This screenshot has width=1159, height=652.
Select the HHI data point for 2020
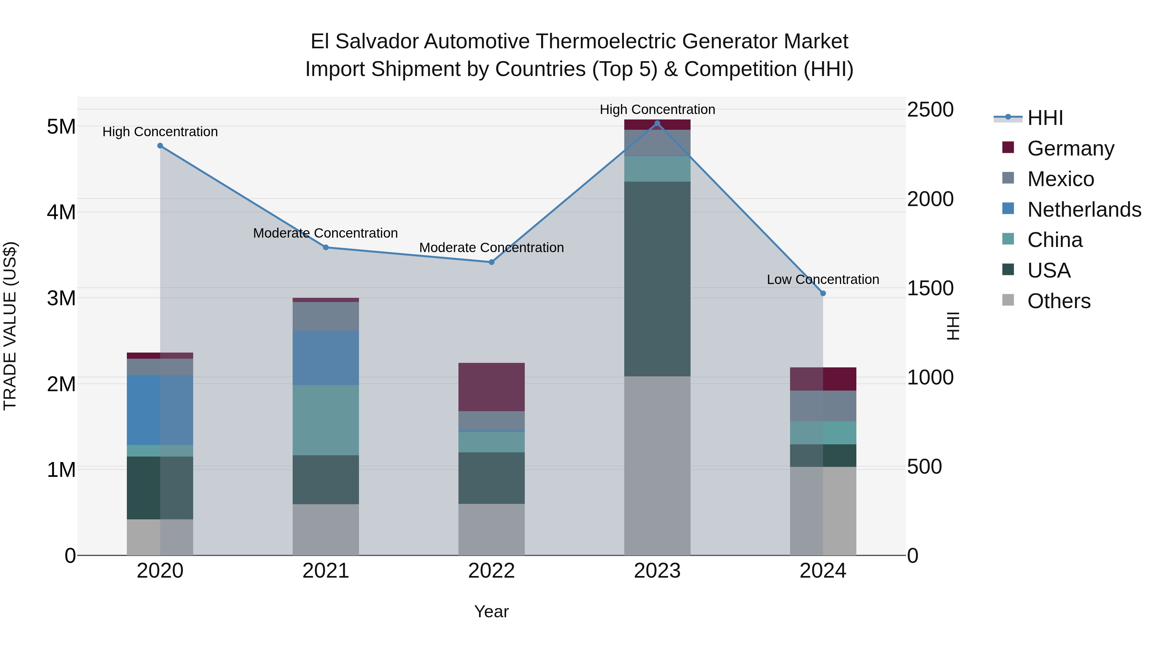(x=160, y=146)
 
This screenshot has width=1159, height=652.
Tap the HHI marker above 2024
(x=823, y=293)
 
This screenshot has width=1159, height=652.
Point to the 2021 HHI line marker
(x=326, y=248)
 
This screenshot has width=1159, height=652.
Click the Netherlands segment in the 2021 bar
(x=326, y=358)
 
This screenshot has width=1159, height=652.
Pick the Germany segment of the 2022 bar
(x=491, y=387)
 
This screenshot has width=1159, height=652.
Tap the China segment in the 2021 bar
(x=326, y=420)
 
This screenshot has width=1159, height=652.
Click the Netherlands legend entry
(x=1083, y=210)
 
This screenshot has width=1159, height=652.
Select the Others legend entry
(x=1058, y=301)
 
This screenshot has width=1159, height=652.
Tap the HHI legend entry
(x=1045, y=118)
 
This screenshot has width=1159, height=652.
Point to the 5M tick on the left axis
(x=61, y=127)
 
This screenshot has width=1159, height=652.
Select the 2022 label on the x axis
(x=491, y=571)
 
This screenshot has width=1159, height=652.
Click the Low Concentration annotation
(x=823, y=279)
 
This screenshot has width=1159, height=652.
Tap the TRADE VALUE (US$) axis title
(x=10, y=326)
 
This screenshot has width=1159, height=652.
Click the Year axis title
(x=491, y=611)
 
